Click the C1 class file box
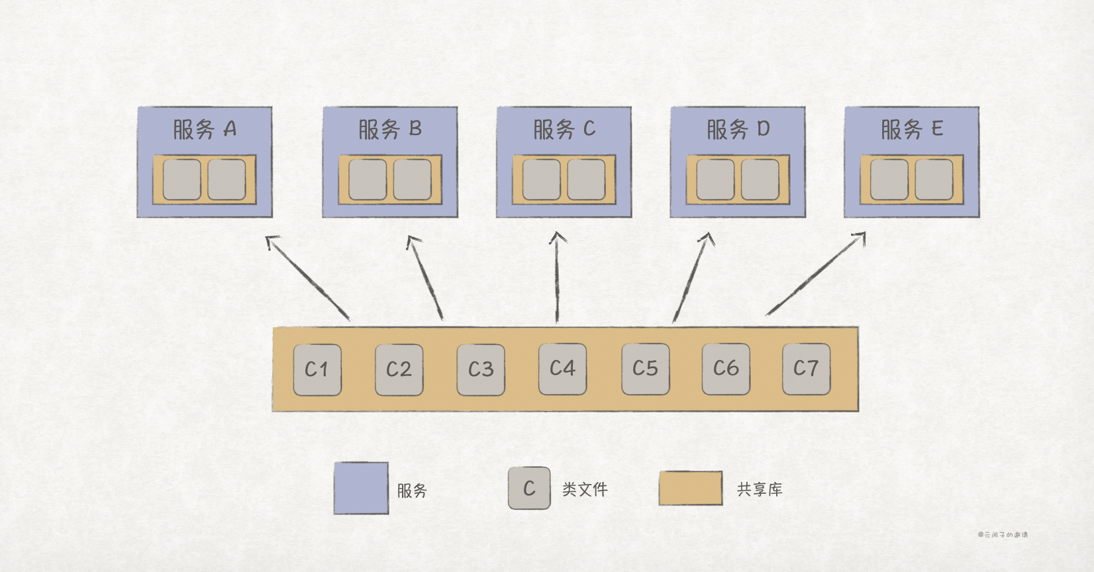[x=317, y=369]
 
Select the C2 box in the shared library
[x=399, y=369]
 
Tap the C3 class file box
[x=481, y=369]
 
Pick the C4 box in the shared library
[x=562, y=369]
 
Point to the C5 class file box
[x=645, y=369]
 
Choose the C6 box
[x=726, y=369]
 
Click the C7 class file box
[x=806, y=369]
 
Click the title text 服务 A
[x=205, y=129]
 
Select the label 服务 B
[x=390, y=129]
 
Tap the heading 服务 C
[x=564, y=129]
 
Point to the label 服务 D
[x=738, y=129]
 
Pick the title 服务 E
[x=912, y=129]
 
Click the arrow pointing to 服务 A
[x=307, y=278]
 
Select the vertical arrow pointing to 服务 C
[x=557, y=278]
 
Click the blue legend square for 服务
[x=361, y=489]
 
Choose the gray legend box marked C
[x=529, y=489]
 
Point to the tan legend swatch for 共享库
[x=690, y=489]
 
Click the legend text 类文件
[x=585, y=489]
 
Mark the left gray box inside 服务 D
[x=715, y=179]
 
